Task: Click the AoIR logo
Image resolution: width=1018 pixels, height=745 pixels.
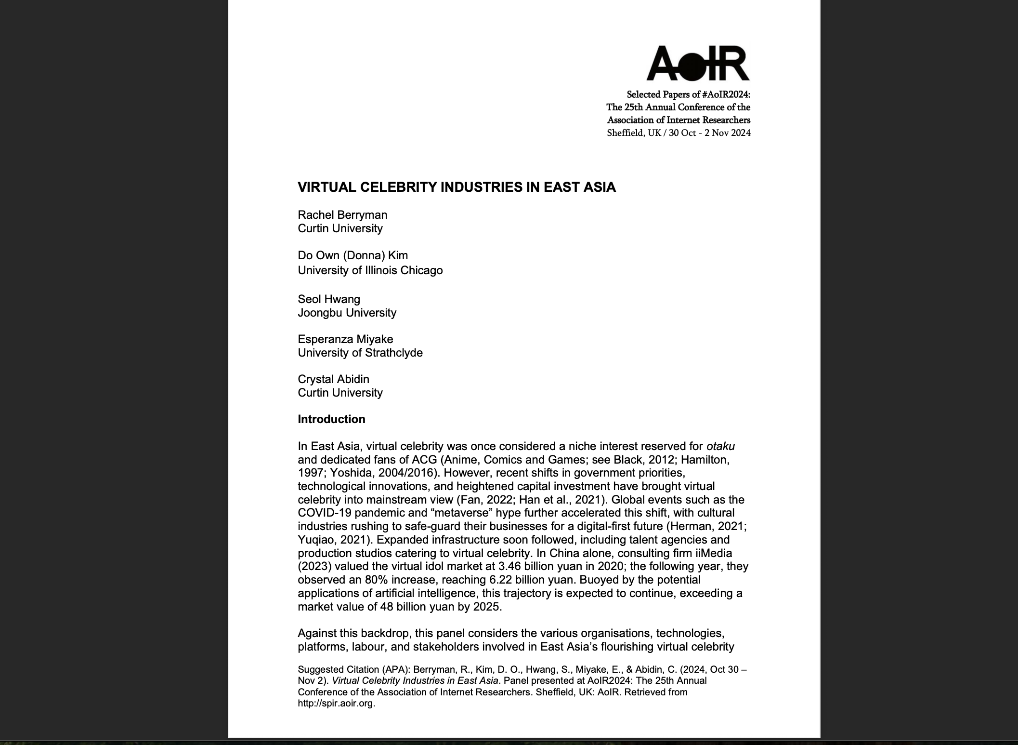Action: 698,63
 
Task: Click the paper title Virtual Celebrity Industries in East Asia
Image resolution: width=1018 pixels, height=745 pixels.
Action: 457,187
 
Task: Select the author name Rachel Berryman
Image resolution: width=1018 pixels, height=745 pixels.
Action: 342,215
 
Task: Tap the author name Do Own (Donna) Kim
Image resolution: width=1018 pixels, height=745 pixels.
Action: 352,255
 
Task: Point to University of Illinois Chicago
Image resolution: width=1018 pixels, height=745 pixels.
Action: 370,270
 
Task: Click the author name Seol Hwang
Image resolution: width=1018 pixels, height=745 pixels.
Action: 329,299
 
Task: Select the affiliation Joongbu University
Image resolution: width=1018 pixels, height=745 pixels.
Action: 347,313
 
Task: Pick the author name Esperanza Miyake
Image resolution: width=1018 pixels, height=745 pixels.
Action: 345,339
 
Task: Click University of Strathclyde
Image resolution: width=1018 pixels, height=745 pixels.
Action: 360,353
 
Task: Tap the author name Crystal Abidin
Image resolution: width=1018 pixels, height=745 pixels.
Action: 333,379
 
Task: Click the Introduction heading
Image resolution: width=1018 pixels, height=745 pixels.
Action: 331,419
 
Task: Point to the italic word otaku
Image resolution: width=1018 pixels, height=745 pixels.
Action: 720,446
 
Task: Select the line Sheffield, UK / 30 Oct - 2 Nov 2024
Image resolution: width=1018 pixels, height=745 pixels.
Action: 679,133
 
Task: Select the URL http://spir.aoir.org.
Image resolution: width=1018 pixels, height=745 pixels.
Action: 336,703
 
